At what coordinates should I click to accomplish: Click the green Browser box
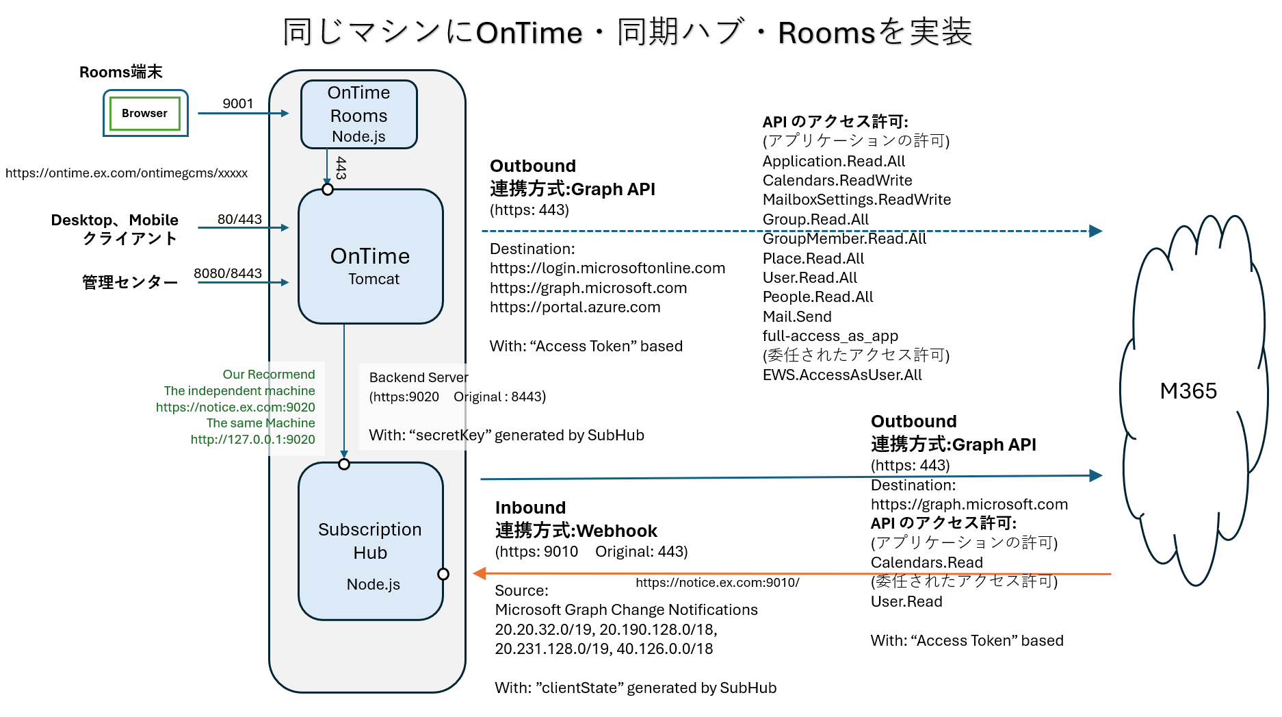click(x=144, y=114)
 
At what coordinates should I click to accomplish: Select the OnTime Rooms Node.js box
click(x=358, y=114)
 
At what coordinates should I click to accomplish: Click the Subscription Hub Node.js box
click(x=370, y=541)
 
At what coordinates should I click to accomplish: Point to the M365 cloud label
click(x=1188, y=391)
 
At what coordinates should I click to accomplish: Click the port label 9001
click(x=238, y=103)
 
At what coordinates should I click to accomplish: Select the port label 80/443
click(x=239, y=219)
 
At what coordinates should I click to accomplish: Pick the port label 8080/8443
click(x=228, y=273)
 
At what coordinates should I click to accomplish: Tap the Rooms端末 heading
click(x=121, y=72)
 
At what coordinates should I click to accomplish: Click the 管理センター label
click(x=130, y=282)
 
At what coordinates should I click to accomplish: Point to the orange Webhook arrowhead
click(x=480, y=573)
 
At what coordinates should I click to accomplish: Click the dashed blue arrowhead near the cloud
click(x=1096, y=231)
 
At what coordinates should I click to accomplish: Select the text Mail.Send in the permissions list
click(x=797, y=316)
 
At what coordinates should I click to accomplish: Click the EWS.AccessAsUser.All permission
click(x=842, y=375)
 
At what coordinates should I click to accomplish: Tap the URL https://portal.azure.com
click(x=575, y=307)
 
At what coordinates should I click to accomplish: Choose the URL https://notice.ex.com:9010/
click(x=717, y=582)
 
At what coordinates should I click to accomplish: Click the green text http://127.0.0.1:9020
click(x=252, y=440)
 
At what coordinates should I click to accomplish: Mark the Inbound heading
click(x=530, y=507)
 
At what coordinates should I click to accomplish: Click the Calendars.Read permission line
click(x=926, y=562)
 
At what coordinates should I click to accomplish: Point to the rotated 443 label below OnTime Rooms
click(x=341, y=168)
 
